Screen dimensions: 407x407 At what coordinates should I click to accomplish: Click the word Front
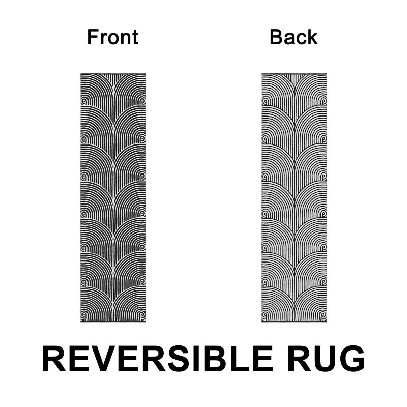(x=112, y=37)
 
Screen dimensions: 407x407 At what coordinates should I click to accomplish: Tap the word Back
(x=294, y=37)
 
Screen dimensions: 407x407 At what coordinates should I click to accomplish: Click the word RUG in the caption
(x=326, y=359)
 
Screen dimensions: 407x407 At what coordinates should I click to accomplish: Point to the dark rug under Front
(x=113, y=198)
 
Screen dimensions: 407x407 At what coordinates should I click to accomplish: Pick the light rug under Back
(x=295, y=198)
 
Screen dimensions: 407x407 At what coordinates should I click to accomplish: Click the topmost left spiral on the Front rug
(x=84, y=101)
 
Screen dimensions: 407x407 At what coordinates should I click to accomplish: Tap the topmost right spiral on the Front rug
(x=142, y=101)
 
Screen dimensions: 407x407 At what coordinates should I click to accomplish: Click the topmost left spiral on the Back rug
(x=265, y=101)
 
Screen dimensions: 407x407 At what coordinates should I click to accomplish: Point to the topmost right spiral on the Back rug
(x=324, y=101)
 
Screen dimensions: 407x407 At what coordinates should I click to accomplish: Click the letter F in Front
(x=93, y=37)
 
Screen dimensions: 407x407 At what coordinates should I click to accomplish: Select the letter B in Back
(x=276, y=37)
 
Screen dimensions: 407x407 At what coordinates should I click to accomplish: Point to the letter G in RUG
(x=353, y=359)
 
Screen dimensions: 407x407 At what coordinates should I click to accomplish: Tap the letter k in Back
(x=312, y=37)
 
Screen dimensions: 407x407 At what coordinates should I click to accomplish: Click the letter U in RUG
(x=326, y=359)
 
